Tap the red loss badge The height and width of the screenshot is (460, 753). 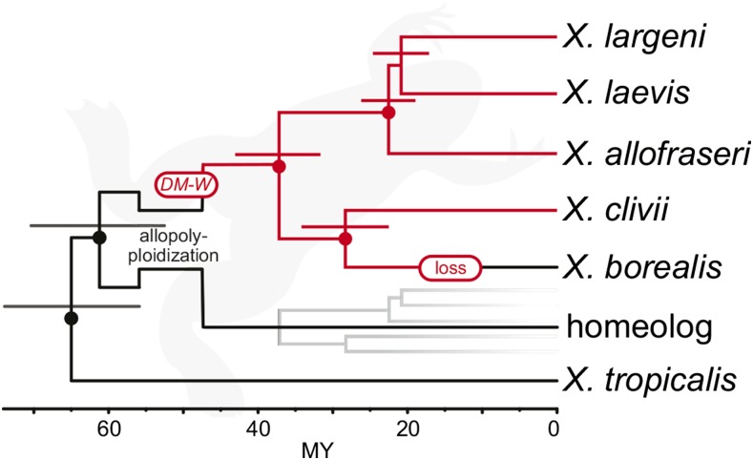pyautogui.click(x=450, y=268)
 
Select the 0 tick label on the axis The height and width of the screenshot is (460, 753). pyautogui.click(x=554, y=429)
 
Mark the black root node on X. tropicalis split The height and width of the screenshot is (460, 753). pyautogui.click(x=71, y=318)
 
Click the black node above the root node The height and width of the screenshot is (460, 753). pyautogui.click(x=98, y=238)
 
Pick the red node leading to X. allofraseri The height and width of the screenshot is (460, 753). pyautogui.click(x=387, y=113)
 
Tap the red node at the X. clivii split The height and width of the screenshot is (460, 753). pyautogui.click(x=345, y=239)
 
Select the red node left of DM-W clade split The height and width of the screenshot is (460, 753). pyautogui.click(x=279, y=167)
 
